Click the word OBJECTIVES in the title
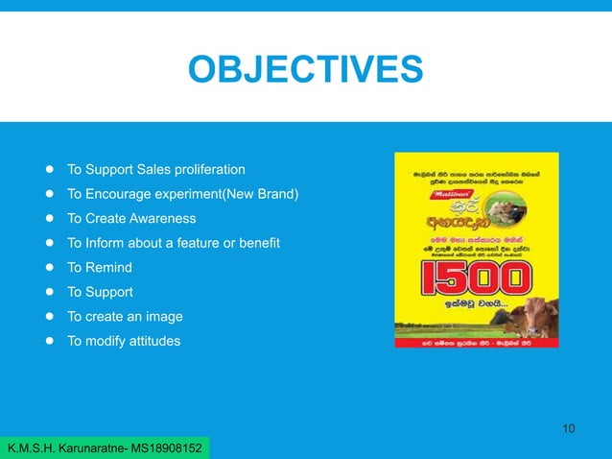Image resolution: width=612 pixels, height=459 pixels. (x=306, y=70)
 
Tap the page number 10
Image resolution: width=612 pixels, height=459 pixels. (x=568, y=427)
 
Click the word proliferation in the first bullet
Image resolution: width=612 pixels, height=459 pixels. (x=204, y=170)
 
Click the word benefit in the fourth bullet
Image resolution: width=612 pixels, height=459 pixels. (x=256, y=244)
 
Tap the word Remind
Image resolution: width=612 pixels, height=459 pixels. (x=109, y=268)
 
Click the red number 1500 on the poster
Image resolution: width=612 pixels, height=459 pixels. (x=477, y=279)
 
